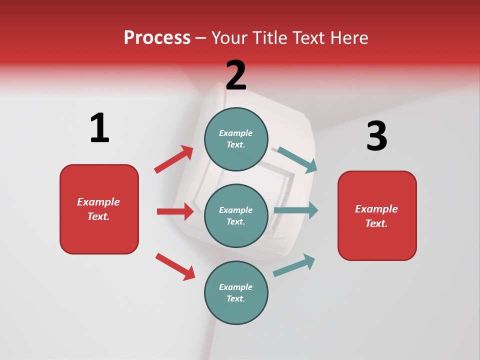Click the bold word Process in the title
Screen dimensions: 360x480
tap(157, 38)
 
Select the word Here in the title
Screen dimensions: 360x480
tap(348, 38)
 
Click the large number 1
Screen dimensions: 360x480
tap(99, 128)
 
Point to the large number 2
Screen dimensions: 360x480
tap(236, 75)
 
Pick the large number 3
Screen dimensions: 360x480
tap(376, 136)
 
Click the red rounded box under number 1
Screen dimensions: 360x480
tap(99, 209)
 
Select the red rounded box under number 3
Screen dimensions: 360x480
tap(377, 215)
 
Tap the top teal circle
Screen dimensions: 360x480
tap(236, 139)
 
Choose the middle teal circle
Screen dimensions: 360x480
tap(236, 215)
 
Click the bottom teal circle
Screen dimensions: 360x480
tap(236, 292)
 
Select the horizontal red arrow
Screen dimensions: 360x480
tap(175, 211)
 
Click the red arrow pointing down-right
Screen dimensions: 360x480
tap(175, 266)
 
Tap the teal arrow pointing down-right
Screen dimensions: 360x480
tap(297, 160)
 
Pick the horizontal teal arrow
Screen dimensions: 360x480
tap(296, 210)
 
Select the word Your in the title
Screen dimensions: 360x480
tap(229, 38)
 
